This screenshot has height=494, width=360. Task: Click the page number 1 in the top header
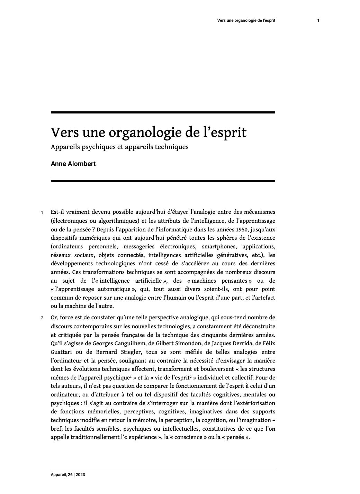point(318,20)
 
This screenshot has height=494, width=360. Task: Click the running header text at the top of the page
point(246,20)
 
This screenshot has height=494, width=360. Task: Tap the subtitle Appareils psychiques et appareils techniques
point(119,147)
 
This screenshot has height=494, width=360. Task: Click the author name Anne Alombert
point(73,164)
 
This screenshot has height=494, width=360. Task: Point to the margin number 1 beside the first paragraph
point(42,212)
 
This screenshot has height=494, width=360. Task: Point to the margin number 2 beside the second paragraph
point(42,318)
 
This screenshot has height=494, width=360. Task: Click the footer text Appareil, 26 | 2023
point(68,475)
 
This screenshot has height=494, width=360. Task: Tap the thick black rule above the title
point(163,112)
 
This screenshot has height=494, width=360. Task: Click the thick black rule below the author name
point(163,181)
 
